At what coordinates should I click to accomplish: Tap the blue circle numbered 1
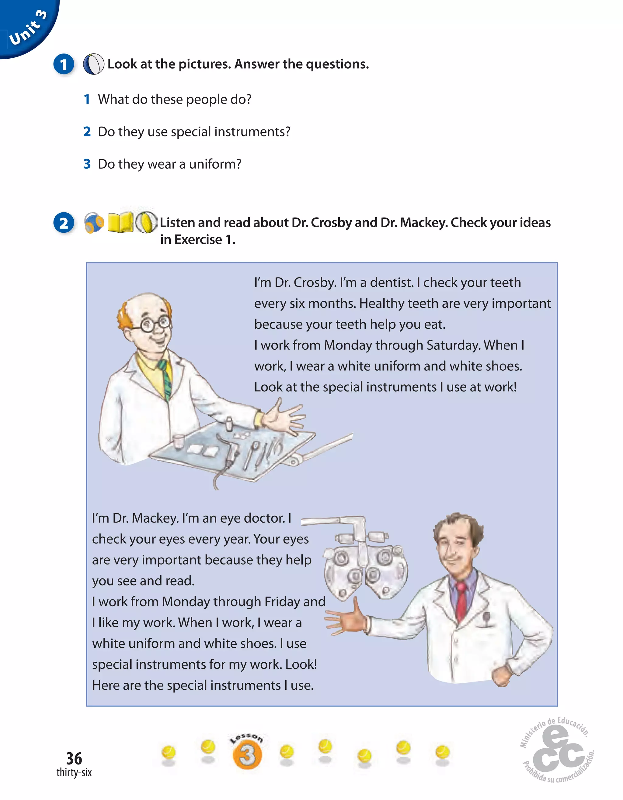click(x=64, y=64)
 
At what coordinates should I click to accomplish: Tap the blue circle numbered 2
click(x=64, y=223)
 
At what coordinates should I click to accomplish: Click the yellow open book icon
click(x=120, y=223)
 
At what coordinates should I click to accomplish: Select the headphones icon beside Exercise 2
click(x=94, y=223)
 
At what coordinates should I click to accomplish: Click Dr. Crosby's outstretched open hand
click(x=284, y=417)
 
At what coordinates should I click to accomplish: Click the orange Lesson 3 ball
click(x=247, y=755)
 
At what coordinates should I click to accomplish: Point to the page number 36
click(x=74, y=758)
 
